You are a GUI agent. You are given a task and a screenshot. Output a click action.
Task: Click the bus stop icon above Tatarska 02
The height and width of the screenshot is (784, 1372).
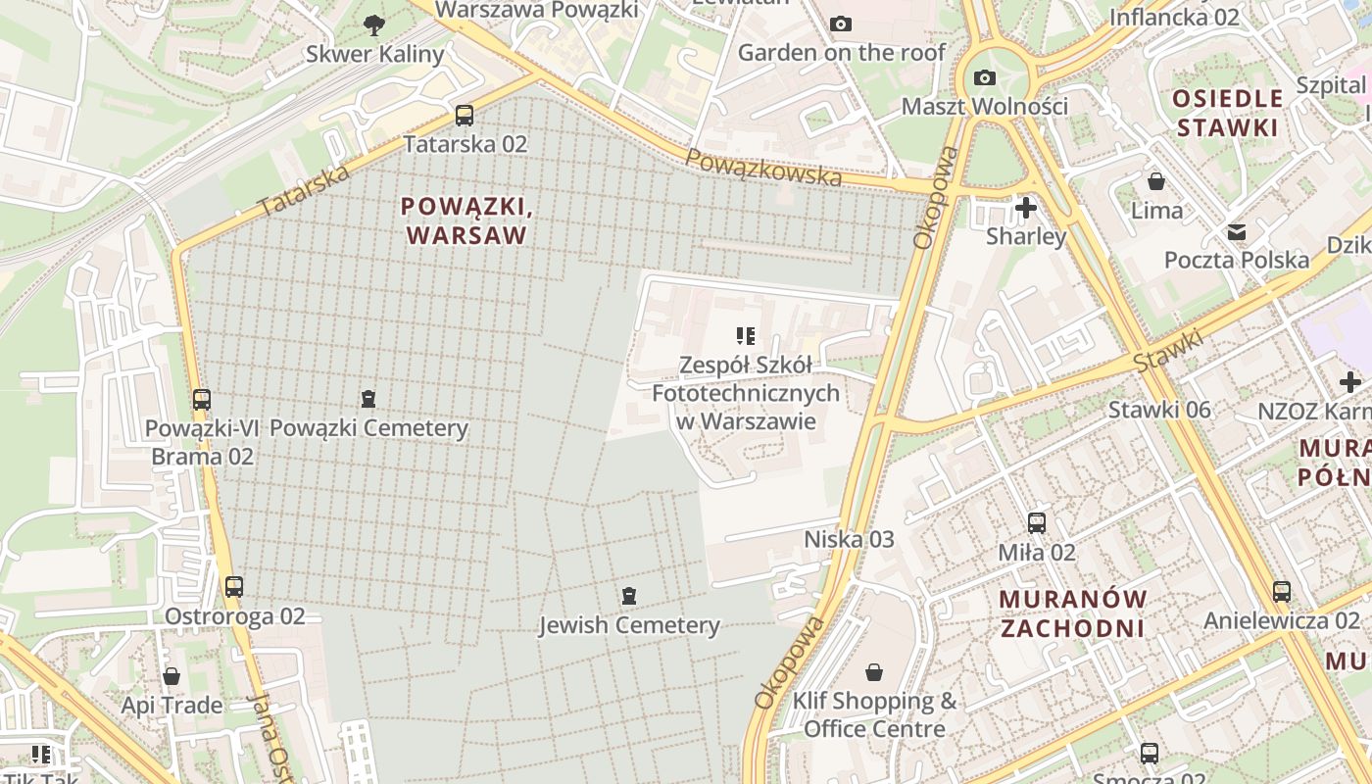point(465,116)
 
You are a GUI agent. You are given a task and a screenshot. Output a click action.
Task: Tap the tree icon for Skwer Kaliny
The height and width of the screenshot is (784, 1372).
point(373,25)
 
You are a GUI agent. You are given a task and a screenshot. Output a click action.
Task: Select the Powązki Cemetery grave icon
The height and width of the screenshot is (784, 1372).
point(368,399)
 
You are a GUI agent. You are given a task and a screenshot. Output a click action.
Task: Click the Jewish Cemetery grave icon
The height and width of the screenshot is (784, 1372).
point(628,596)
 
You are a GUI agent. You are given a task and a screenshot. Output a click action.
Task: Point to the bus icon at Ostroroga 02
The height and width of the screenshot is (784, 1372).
point(233,587)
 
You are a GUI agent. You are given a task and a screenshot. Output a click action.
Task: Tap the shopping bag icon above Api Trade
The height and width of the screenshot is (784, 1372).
point(171,676)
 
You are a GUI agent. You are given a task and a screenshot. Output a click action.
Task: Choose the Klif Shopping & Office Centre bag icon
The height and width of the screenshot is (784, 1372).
point(874,672)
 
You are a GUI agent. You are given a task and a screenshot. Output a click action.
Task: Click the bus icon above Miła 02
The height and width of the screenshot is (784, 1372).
point(1037,523)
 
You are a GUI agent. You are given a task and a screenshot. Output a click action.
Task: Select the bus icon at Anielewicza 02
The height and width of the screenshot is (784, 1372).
point(1282,591)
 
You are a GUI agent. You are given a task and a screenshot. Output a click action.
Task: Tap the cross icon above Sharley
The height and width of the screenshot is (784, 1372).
point(1026,208)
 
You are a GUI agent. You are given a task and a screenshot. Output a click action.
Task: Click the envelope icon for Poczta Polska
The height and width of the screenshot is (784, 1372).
point(1237,232)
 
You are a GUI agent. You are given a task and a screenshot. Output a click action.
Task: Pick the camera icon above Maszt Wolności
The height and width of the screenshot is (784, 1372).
point(985,77)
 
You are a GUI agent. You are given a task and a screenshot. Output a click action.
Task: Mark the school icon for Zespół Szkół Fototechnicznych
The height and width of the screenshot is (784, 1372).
point(746,336)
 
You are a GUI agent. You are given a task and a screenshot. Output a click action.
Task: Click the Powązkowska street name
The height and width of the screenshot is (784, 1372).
point(763,168)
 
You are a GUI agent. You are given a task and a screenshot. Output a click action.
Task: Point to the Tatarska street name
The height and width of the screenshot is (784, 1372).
point(304,192)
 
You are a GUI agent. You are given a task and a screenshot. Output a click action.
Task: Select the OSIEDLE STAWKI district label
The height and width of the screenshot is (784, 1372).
point(1228,112)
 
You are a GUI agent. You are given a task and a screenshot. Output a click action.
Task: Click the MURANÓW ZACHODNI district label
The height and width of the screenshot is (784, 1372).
point(1072,612)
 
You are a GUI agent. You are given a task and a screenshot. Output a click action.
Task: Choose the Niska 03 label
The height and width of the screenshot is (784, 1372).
point(850,539)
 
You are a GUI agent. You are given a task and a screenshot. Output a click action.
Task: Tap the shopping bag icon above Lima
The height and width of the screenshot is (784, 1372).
point(1156,181)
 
